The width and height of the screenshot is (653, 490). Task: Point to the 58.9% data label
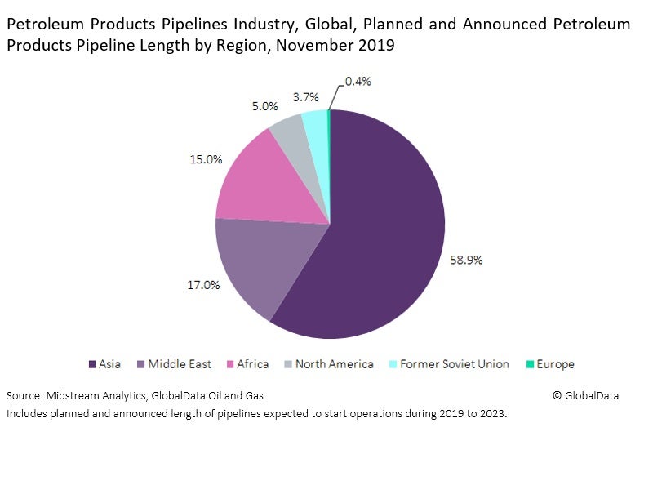coord(467,260)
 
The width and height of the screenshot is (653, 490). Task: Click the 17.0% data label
coord(204,286)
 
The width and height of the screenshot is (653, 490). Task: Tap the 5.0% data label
coord(264,106)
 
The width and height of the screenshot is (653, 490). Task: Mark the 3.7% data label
coord(305,96)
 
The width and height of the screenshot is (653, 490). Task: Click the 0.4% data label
coord(358,81)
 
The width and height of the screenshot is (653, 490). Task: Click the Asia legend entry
coord(104,364)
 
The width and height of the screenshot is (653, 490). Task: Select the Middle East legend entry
coord(173,364)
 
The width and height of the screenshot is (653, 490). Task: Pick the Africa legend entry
coord(247,364)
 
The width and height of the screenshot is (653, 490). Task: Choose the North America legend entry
coord(328,364)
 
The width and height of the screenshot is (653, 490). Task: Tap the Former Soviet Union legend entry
coord(448,364)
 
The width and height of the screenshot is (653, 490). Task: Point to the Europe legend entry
coord(549,364)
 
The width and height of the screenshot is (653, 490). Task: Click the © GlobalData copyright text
coord(585,395)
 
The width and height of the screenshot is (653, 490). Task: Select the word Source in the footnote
coord(23,395)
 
